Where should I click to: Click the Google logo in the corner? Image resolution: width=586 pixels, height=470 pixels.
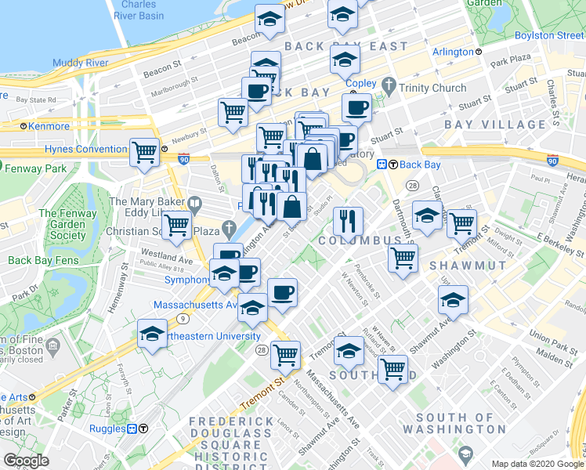27,461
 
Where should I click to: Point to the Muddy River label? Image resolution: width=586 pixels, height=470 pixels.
78,63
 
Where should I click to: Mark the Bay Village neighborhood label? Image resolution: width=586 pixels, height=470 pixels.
494,125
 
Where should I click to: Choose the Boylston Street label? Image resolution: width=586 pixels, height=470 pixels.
548,35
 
